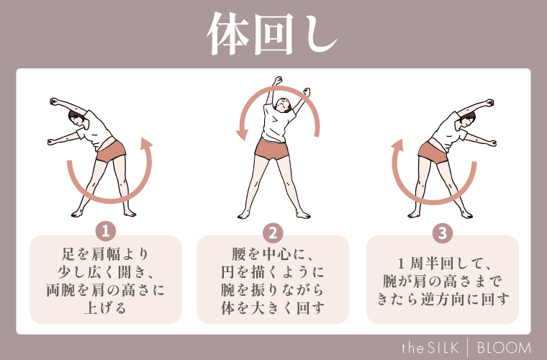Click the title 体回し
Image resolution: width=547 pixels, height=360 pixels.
click(273, 35)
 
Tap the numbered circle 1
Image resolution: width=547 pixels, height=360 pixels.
click(106, 231)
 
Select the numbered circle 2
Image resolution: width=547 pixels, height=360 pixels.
click(273, 233)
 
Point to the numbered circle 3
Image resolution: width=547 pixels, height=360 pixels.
click(443, 233)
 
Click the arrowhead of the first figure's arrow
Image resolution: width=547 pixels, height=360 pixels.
click(147, 143)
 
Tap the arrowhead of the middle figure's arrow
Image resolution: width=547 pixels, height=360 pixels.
click(242, 134)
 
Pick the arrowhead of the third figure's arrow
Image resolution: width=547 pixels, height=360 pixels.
click(397, 145)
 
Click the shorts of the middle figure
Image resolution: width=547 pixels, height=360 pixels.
click(271, 149)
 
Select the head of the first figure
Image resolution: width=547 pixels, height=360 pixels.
click(77, 118)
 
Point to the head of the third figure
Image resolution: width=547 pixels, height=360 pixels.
click(467, 119)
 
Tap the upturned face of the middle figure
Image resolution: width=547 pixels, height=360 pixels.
click(283, 104)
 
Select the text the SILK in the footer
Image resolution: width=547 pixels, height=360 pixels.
click(430, 348)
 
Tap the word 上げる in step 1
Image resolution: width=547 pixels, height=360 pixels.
click(105, 308)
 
